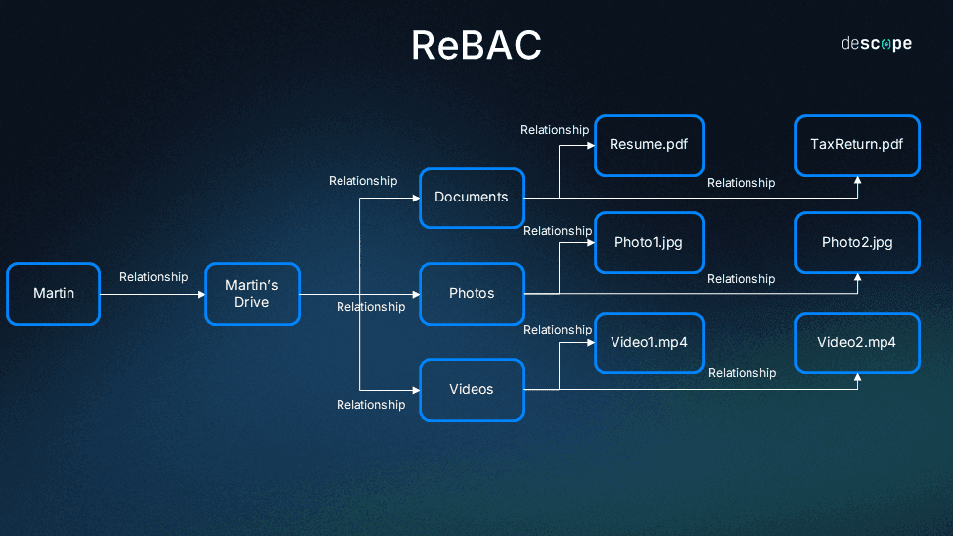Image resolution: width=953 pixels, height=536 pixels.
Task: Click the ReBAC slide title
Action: pos(476,46)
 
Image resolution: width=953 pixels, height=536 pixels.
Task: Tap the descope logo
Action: pos(877,44)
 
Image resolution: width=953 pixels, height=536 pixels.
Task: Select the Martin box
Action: pos(54,294)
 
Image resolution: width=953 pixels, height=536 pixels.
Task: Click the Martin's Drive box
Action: pos(252,294)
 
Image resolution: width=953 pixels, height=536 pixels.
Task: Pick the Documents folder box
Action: pos(472,197)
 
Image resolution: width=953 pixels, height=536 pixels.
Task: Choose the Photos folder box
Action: pos(472,294)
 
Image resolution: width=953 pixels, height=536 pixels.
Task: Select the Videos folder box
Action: pos(472,390)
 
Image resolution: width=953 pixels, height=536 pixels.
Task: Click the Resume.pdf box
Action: pos(648,146)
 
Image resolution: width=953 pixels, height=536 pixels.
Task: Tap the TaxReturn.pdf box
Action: pos(858,146)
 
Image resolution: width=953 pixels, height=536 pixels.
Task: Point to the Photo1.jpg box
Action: pos(648,242)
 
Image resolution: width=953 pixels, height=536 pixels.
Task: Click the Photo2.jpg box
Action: pos(858,242)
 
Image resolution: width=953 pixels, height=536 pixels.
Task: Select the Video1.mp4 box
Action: pos(648,342)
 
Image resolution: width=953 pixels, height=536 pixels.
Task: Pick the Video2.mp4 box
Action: pos(858,342)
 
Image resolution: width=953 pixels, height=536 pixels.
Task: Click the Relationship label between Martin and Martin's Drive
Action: pos(153,277)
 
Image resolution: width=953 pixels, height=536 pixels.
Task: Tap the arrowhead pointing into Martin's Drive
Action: pos(201,294)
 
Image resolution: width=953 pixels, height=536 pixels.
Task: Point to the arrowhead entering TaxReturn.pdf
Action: pos(858,180)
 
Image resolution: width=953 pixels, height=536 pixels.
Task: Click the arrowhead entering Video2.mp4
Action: pos(858,377)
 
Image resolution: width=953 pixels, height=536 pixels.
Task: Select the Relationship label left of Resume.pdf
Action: pos(554,130)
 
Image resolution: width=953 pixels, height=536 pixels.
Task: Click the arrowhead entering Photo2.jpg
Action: pos(858,277)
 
